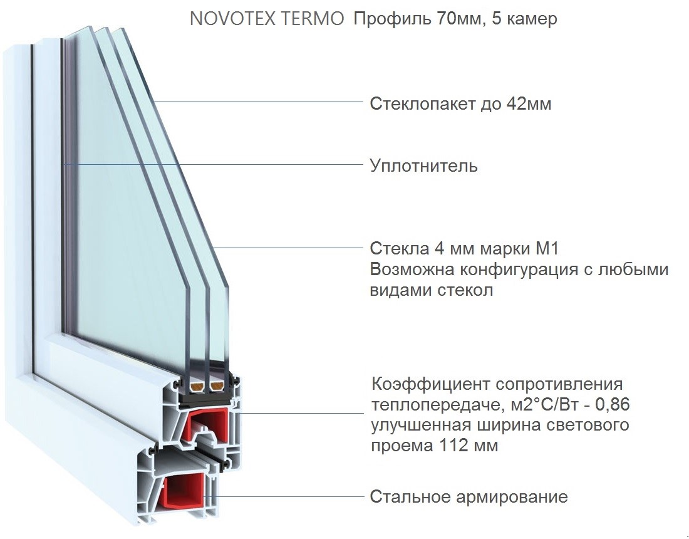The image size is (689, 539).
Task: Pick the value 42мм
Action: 529,103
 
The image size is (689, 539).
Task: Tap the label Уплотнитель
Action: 424,166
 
